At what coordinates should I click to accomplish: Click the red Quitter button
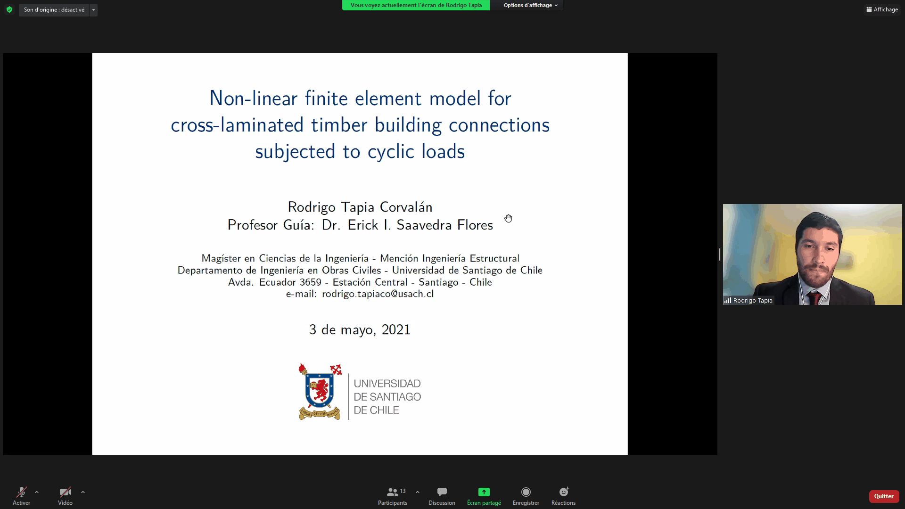coord(884,496)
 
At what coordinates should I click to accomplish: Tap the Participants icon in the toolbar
coord(392,492)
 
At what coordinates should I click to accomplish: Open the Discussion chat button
coord(442,492)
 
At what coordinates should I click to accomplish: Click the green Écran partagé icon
coord(484,492)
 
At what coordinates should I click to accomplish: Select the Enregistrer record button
coord(526,492)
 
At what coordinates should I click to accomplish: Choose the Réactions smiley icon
coord(564,492)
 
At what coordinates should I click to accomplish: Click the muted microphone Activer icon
coord(22,492)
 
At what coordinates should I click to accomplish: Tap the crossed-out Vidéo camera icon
coord(66,492)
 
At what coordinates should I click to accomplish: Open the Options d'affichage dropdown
coord(530,5)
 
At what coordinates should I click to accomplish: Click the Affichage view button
coord(882,9)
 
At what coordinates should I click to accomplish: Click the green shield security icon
coord(9,9)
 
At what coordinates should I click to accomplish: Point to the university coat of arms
coord(320,392)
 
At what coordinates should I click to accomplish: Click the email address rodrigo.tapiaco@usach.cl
coord(378,294)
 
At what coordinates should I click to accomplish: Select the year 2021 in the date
coord(396,329)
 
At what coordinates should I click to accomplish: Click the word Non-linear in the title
coord(254,99)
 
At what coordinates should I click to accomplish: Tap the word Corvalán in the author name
coord(406,207)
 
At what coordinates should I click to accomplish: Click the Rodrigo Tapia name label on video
coord(753,301)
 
